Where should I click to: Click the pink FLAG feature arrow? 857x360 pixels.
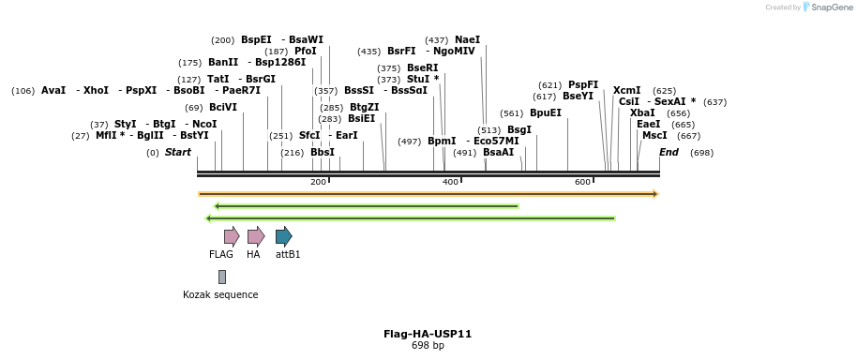pos(231,235)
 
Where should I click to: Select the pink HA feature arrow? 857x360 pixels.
pos(255,235)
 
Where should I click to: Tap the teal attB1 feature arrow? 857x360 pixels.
pos(283,235)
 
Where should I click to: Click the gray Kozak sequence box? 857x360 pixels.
pos(222,277)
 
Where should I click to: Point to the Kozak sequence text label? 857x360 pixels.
pos(220,294)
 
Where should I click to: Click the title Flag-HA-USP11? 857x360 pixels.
pos(428,334)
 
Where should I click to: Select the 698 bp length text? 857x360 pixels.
pos(428,346)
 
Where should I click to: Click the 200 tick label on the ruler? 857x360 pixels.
pos(318,182)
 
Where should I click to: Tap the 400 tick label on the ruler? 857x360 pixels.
pos(450,182)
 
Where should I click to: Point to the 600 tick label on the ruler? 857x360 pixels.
pos(582,182)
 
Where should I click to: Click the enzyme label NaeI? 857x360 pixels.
pos(467,39)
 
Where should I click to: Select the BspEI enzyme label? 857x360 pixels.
pos(256,39)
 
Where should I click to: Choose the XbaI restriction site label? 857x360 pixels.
pos(642,112)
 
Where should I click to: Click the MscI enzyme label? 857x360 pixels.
pos(654,136)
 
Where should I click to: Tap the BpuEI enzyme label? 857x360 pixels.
pos(545,112)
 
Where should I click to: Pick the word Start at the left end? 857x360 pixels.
pos(177,152)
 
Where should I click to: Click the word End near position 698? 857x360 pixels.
pos(669,152)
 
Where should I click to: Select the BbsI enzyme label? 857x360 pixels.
pos(322,152)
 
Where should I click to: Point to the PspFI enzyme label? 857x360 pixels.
pos(582,84)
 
